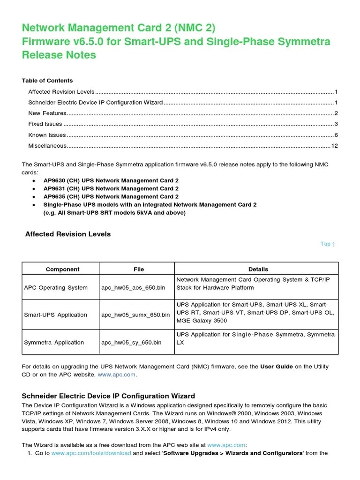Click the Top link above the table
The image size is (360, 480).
(327, 244)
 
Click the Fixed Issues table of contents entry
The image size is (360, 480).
(45, 124)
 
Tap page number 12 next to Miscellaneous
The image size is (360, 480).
(335, 146)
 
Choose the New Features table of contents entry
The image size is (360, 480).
(47, 113)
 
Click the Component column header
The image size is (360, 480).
(62, 269)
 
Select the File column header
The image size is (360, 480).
(139, 269)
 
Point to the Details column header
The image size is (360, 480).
(258, 269)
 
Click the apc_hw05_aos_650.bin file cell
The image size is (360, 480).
(133, 287)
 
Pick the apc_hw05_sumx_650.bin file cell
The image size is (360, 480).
(135, 315)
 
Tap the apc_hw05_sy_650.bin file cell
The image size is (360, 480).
(131, 342)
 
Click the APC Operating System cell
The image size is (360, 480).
(56, 287)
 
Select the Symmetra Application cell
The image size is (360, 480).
(54, 342)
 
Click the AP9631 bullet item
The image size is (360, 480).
(111, 188)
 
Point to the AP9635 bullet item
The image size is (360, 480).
(111, 196)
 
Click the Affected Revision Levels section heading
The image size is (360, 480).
(67, 234)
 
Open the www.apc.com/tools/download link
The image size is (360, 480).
(91, 453)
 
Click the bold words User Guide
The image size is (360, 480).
(277, 366)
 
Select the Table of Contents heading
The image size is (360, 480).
(47, 81)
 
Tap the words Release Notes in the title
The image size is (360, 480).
(59, 55)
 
